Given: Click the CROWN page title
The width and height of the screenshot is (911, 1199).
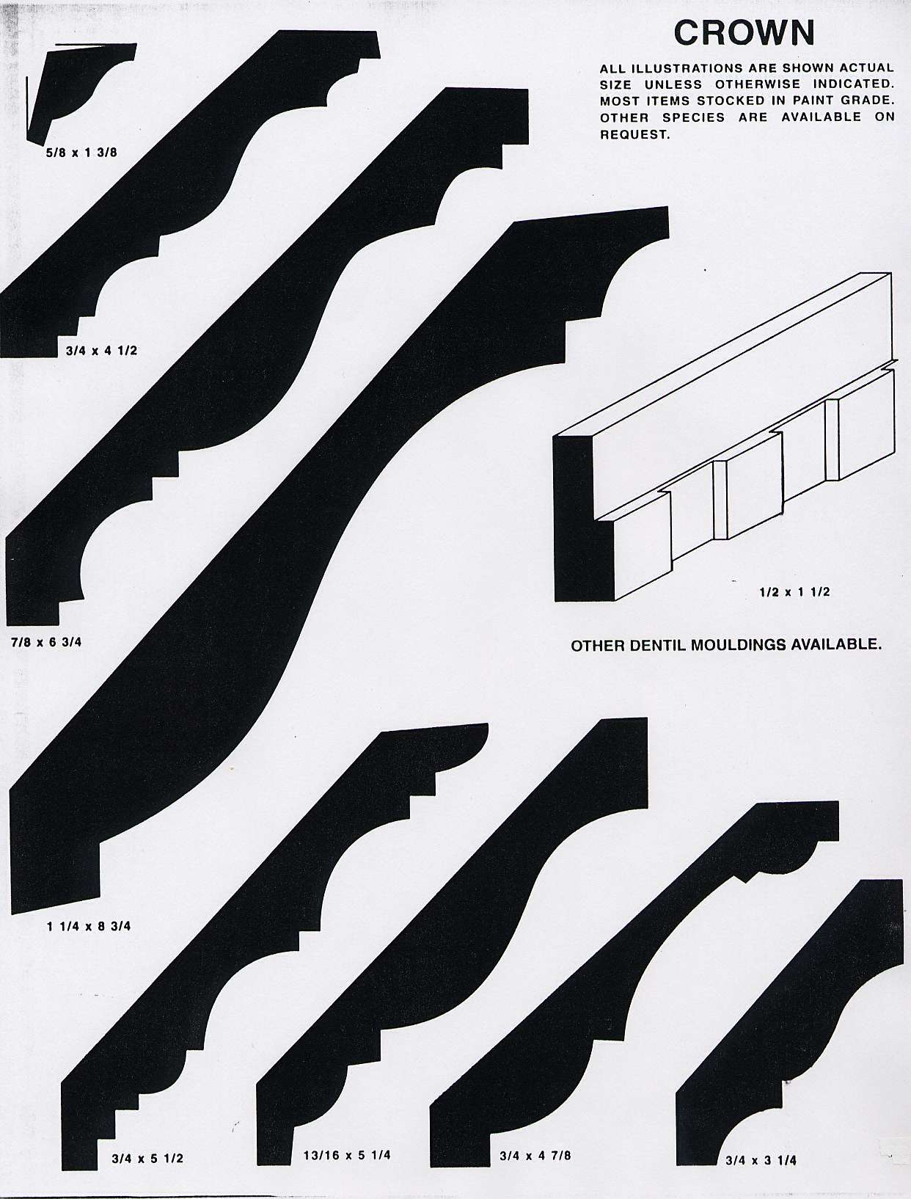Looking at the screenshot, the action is [744, 33].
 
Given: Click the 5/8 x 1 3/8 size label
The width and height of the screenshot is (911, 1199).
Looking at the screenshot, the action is [81, 153].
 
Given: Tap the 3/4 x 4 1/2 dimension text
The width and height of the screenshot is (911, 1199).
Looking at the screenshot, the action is [101, 351].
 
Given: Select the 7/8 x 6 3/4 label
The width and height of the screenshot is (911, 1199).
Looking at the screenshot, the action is [46, 642].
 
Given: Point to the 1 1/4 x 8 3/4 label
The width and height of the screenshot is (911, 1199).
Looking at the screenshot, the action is [89, 926].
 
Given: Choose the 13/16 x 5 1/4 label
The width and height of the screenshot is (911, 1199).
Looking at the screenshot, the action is [347, 1155].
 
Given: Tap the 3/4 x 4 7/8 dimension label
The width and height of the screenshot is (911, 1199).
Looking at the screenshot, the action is [535, 1155].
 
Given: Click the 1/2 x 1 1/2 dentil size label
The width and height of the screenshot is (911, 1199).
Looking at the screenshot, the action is [794, 591].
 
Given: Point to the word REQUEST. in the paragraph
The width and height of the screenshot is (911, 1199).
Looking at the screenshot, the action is [634, 135].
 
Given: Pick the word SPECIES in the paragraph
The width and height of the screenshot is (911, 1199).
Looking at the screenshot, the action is [694, 117].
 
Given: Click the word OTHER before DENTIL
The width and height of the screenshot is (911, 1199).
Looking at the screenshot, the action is [599, 646].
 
